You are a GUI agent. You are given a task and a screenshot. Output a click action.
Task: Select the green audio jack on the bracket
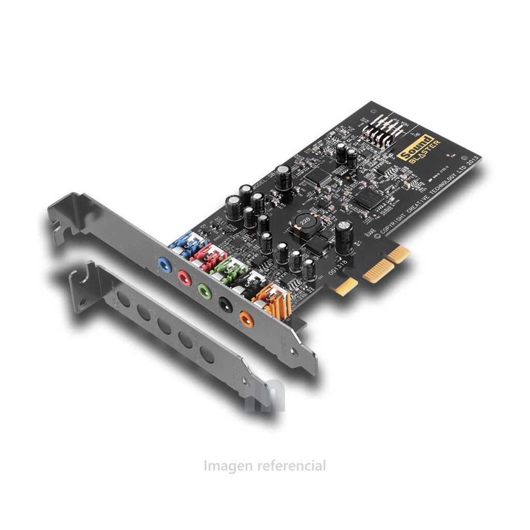tap(203, 290)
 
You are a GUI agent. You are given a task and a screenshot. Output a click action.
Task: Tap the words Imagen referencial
tap(265, 466)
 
